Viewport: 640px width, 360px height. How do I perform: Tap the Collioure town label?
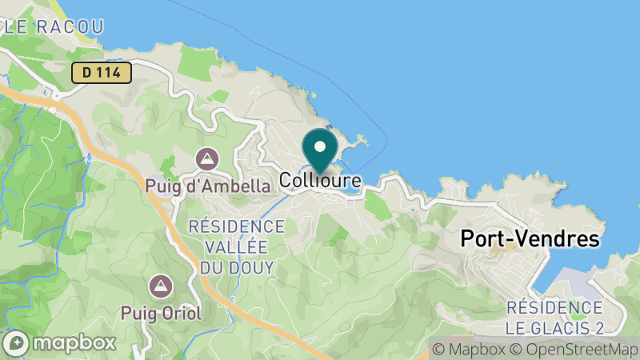[320, 182]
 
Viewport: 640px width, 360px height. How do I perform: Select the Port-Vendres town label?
[530, 239]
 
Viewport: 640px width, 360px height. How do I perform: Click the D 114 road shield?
[101, 73]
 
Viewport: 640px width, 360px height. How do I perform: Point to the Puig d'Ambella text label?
[208, 186]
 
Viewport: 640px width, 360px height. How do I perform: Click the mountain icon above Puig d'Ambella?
[208, 158]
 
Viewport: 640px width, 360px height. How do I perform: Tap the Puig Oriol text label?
[162, 310]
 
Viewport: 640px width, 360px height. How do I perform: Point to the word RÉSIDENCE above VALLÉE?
[237, 227]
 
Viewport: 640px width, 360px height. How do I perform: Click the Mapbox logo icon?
[18, 343]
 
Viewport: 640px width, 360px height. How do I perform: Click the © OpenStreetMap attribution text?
[574, 349]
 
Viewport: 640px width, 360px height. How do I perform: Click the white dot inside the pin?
[320, 147]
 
